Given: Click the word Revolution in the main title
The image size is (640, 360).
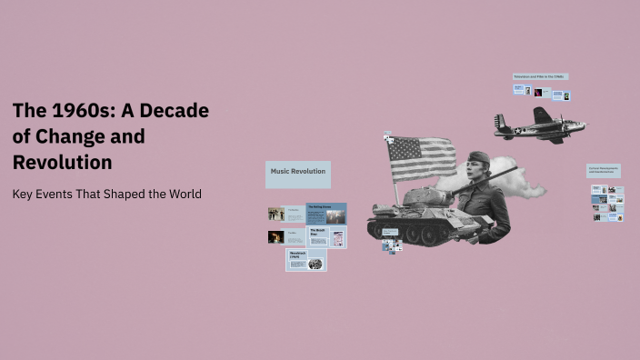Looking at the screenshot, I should [x=63, y=163].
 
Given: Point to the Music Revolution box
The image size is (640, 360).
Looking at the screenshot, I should [x=297, y=173].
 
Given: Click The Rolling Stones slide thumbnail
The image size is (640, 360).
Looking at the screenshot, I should [x=326, y=214].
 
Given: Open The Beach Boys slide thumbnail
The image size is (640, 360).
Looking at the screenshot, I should [x=326, y=237].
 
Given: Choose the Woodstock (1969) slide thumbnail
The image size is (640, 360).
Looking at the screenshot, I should [x=306, y=261].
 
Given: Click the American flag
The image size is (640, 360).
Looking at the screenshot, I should [x=422, y=158].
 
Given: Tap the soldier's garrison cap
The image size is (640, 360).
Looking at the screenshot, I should [x=478, y=157].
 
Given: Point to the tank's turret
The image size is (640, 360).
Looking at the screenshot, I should [x=427, y=196].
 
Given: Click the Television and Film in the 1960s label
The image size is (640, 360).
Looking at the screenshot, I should [x=540, y=76].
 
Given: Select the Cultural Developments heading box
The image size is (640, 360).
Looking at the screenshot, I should [x=604, y=170].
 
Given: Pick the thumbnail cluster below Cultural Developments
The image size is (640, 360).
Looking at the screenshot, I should [x=606, y=204].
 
